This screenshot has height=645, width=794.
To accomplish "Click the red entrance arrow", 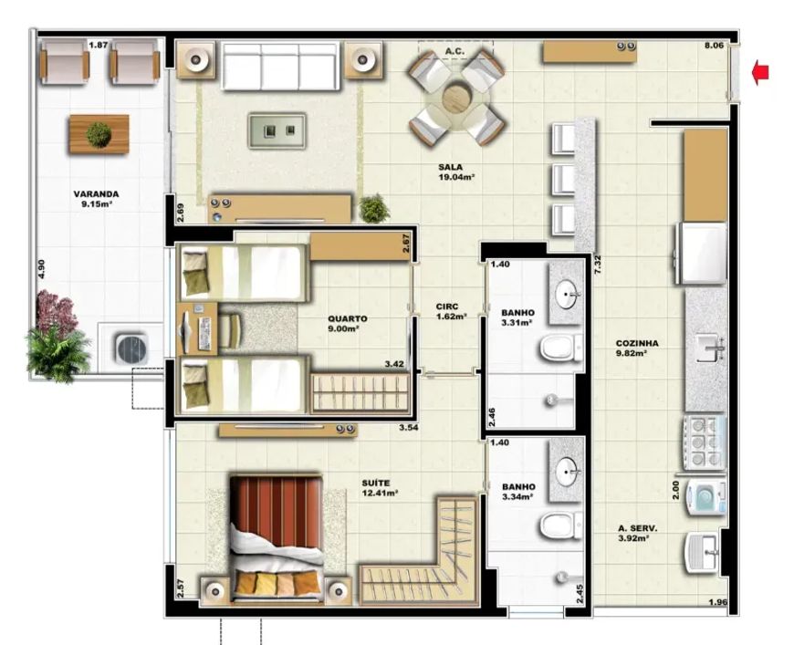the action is pos(760,72).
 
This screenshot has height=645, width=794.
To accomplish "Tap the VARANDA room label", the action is pos(96,194).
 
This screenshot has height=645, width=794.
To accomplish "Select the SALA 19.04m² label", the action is pos(456,172).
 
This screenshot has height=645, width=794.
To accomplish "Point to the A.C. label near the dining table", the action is pos(454,51).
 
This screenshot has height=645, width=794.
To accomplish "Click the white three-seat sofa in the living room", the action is pos(281,67).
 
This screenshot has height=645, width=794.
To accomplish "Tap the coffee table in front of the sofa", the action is pos(277,130).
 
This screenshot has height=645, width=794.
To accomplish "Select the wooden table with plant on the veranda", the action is pos(99,134).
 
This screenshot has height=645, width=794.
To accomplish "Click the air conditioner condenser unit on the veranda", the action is pos(132,349).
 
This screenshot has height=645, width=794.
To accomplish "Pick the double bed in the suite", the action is pos(277,539).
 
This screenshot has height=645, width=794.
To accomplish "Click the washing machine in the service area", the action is pos(705,498).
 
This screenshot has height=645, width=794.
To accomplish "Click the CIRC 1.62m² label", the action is pos(451,312).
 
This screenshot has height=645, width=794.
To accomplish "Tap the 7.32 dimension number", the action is pos(598,265).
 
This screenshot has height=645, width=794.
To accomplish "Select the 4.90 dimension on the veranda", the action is pos(41,269).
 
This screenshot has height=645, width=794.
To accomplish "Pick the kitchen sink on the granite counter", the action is pos(710,348).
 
